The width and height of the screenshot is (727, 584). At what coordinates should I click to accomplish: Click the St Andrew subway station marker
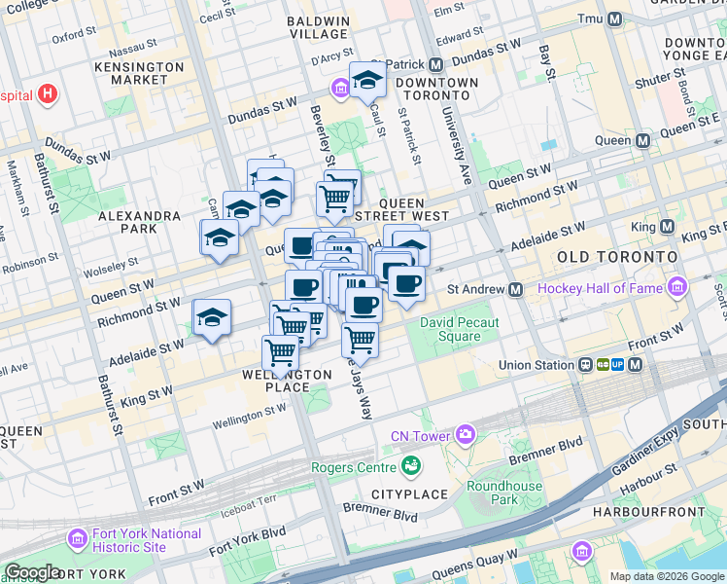tap(515, 290)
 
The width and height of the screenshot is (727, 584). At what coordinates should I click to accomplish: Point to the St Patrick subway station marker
tap(435, 64)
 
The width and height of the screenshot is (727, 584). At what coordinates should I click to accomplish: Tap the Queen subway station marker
tap(642, 140)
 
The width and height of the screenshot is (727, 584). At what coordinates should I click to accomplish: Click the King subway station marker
tap(666, 226)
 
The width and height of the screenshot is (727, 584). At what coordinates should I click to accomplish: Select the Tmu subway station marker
tap(613, 19)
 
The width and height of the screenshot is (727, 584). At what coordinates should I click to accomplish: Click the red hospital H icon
tap(48, 96)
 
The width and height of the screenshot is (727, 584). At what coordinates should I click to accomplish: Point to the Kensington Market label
tap(139, 73)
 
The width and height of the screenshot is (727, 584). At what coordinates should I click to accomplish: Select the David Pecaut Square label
tap(450, 329)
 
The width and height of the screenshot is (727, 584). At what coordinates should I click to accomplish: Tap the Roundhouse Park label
tap(504, 493)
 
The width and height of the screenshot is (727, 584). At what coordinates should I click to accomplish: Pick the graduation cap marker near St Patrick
tap(367, 79)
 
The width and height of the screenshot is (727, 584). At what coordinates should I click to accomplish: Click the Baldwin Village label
tap(318, 26)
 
